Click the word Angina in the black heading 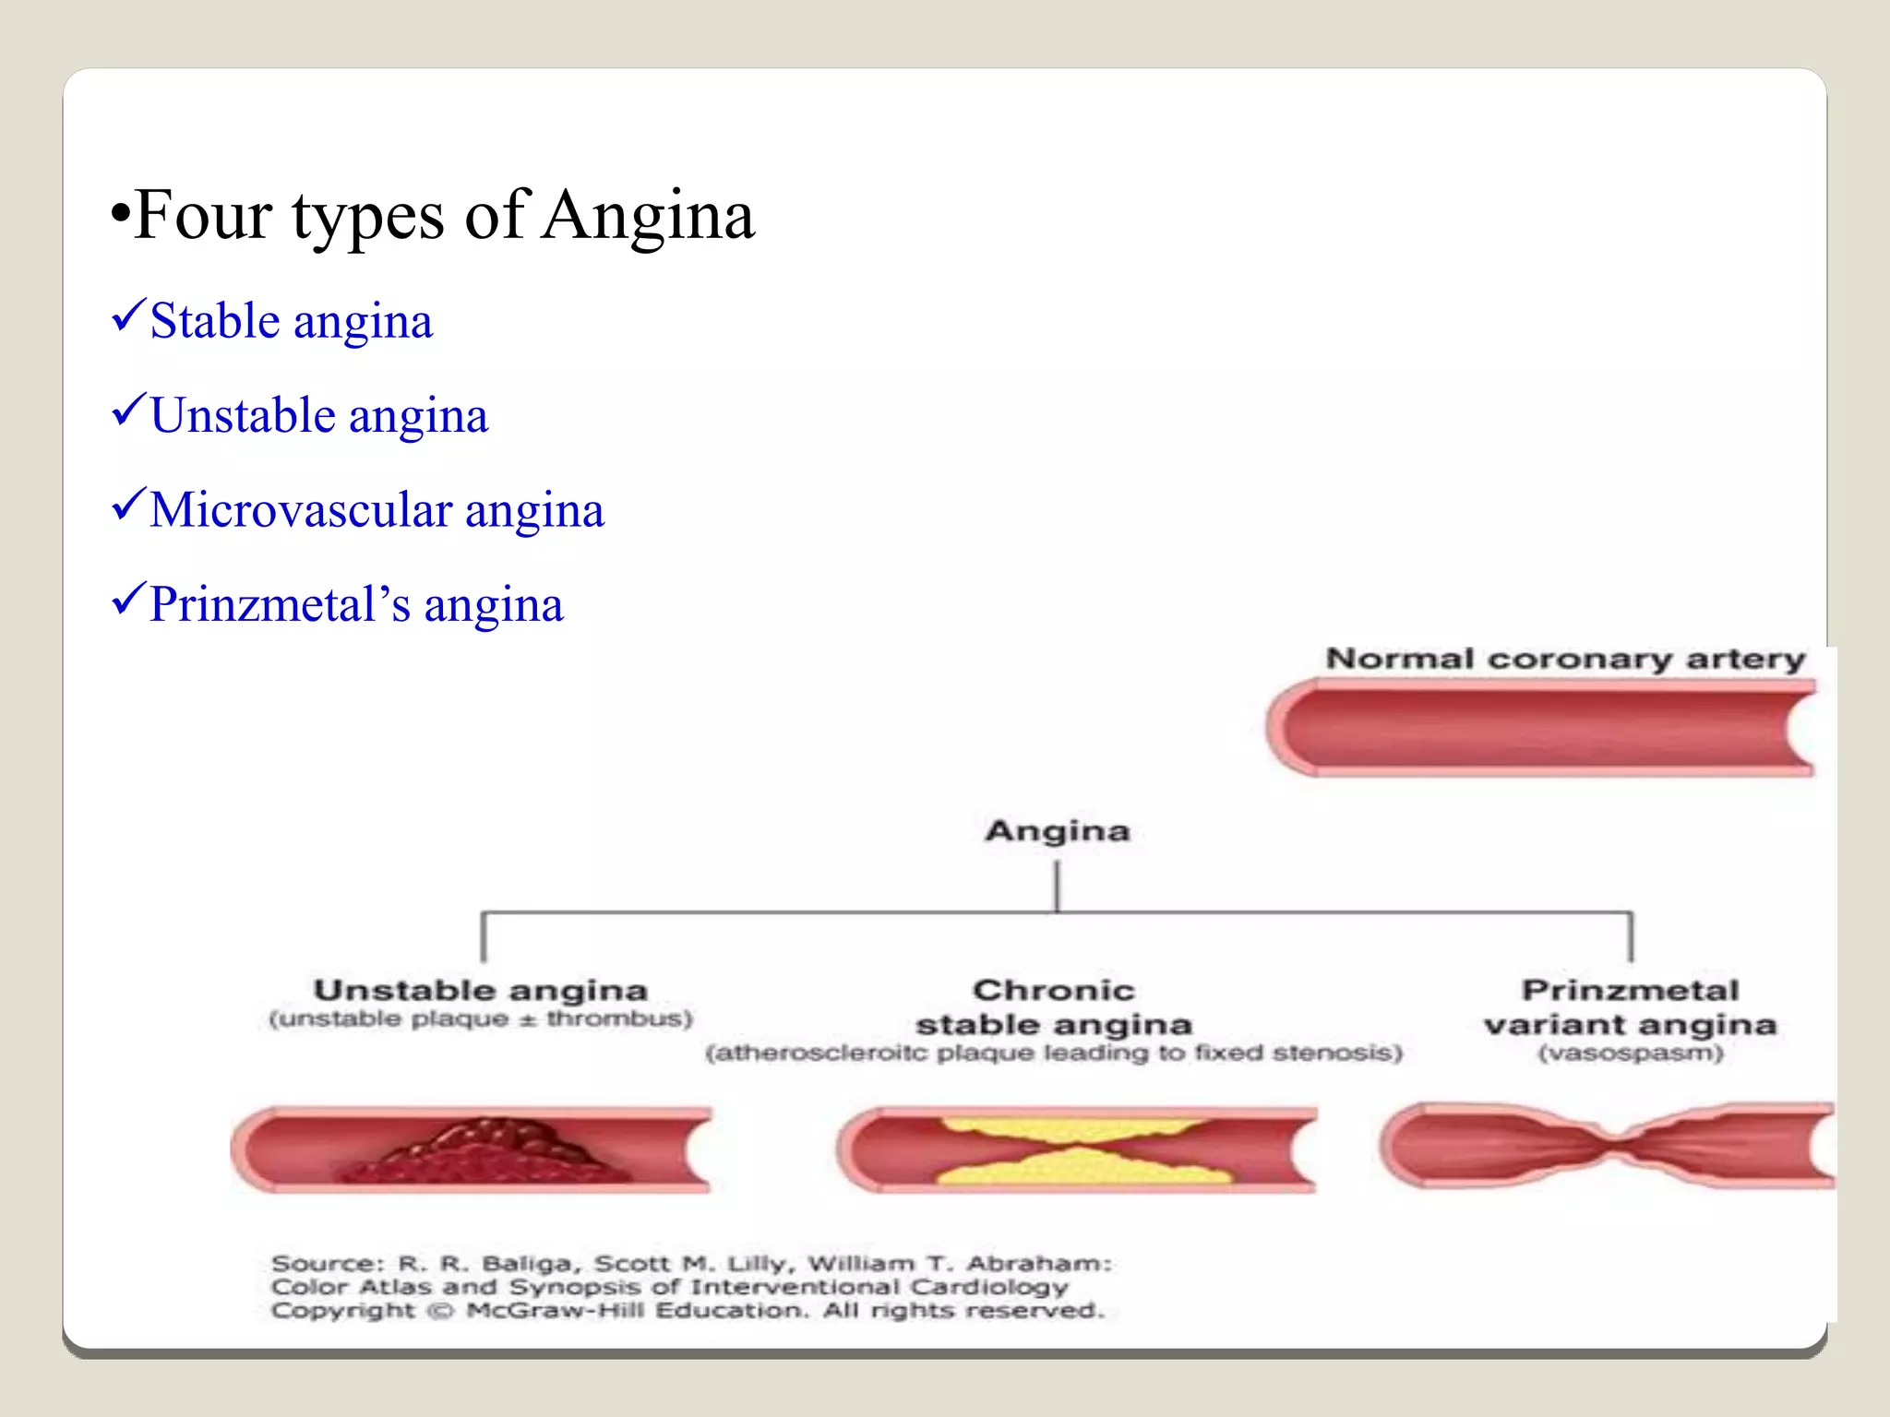pyautogui.click(x=648, y=216)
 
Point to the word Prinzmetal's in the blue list pyautogui.click(x=279, y=605)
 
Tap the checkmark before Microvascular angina pyautogui.click(x=128, y=505)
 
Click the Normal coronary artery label pyautogui.click(x=1565, y=659)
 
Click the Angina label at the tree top pyautogui.click(x=1058, y=831)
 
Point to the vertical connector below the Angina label pyautogui.click(x=1058, y=886)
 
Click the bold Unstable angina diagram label pyautogui.click(x=481, y=990)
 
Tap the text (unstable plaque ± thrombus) pyautogui.click(x=481, y=1018)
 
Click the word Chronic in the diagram pyautogui.click(x=1054, y=990)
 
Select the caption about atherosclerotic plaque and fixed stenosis pyautogui.click(x=1054, y=1053)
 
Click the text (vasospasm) pyautogui.click(x=1630, y=1053)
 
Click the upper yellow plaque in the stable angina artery pyautogui.click(x=1071, y=1129)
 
